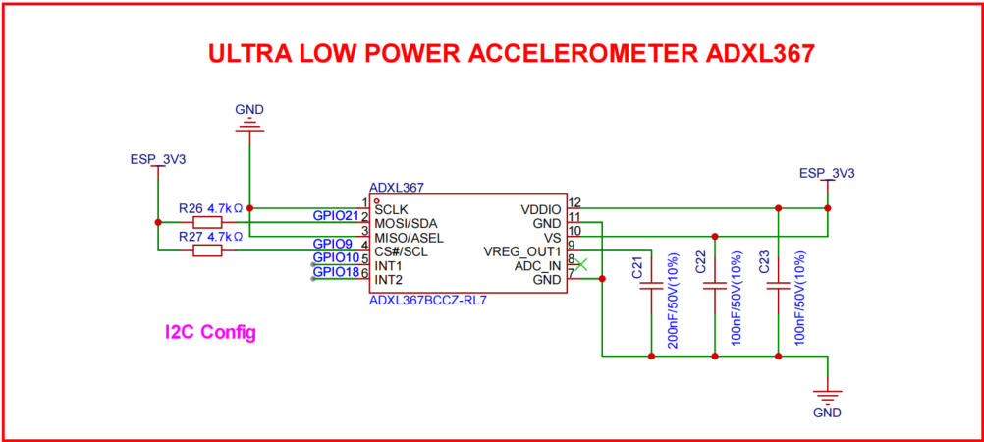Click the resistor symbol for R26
tap(207, 221)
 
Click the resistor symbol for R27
tap(207, 250)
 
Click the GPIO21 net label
tap(335, 214)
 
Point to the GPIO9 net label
tap(332, 243)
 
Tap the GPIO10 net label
tap(335, 257)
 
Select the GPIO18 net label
tap(335, 272)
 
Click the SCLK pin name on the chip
tap(392, 209)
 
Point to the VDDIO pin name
tap(540, 209)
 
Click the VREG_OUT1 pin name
tap(522, 251)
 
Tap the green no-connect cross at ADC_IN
tap(581, 264)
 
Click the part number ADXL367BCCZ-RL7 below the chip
tap(428, 301)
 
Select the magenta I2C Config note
tap(210, 333)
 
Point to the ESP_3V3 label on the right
tap(827, 173)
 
